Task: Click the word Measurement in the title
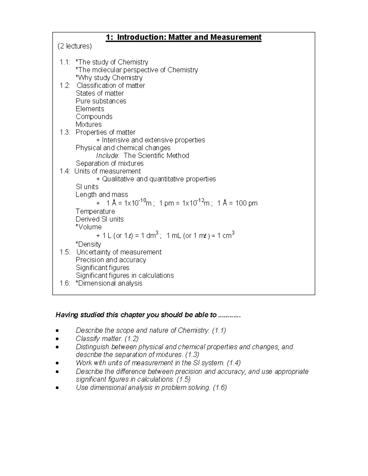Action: click(x=236, y=37)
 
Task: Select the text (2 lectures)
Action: click(x=75, y=46)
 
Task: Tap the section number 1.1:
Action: click(x=65, y=62)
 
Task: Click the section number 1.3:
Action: click(x=65, y=132)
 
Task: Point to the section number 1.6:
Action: click(x=65, y=284)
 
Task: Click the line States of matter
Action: click(x=100, y=93)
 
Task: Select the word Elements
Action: click(x=90, y=109)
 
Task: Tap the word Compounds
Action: click(x=94, y=117)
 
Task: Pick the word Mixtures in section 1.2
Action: click(x=88, y=125)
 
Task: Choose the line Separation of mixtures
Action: click(x=109, y=164)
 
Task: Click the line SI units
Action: click(x=87, y=187)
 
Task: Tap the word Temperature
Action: click(x=95, y=211)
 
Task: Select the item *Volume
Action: click(x=88, y=227)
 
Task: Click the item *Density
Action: click(x=88, y=244)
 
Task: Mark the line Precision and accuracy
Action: click(x=111, y=260)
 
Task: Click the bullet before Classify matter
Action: click(x=57, y=339)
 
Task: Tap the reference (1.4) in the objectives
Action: click(x=233, y=363)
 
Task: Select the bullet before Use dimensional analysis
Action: click(x=57, y=388)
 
